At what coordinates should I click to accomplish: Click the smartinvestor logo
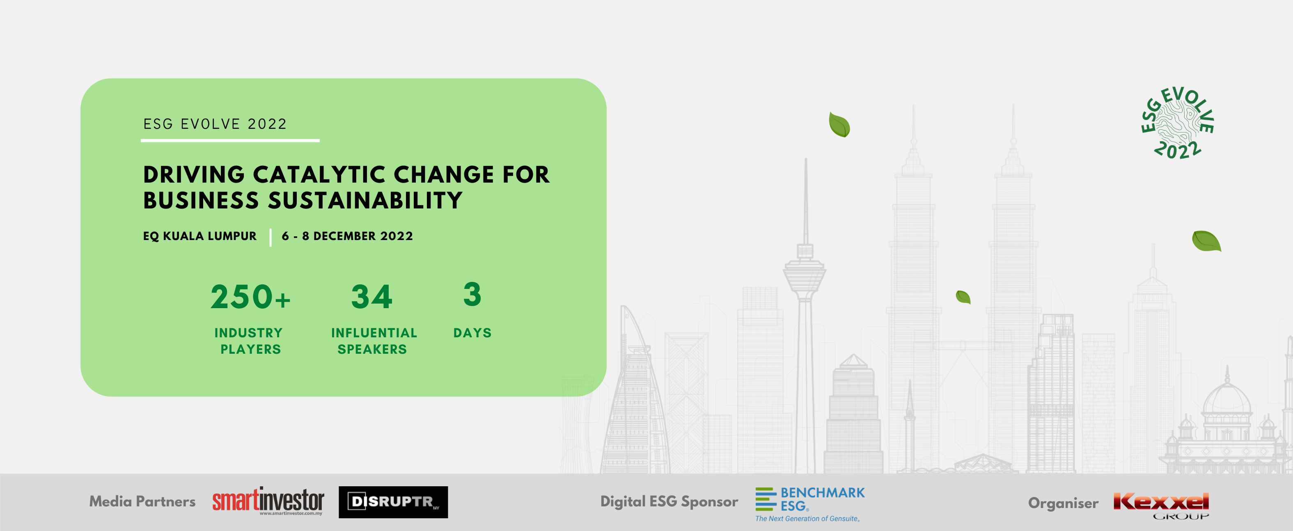[x=268, y=501]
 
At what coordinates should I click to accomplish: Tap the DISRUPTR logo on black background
[x=393, y=502]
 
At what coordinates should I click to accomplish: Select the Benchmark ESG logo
[x=809, y=504]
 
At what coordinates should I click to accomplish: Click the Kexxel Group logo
[x=1161, y=505]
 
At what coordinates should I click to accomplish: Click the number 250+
[x=250, y=297]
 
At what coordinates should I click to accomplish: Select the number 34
[x=371, y=297]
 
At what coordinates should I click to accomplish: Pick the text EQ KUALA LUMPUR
[x=200, y=236]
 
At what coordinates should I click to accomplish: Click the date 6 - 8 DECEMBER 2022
[x=347, y=236]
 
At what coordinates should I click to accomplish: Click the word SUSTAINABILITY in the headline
[x=365, y=200]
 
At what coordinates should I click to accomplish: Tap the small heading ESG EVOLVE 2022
[x=215, y=124]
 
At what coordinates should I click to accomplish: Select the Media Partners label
[x=142, y=501]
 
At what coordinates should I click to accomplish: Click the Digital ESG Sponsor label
[x=669, y=502]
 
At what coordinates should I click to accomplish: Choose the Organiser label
[x=1063, y=504]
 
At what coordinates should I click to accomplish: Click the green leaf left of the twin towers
[x=839, y=124]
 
